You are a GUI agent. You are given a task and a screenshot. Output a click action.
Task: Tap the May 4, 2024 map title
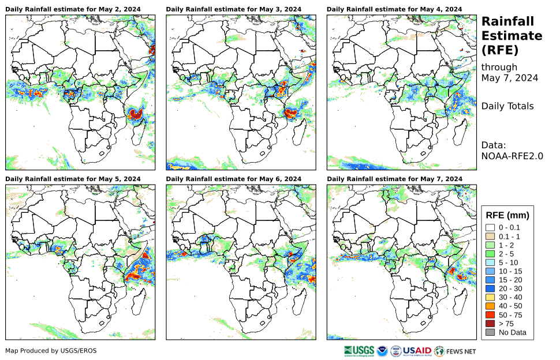394,9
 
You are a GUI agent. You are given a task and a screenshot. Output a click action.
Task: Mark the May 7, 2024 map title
394,179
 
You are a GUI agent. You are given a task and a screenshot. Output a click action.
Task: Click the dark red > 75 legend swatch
490,324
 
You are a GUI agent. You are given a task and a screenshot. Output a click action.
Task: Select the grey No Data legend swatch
490,332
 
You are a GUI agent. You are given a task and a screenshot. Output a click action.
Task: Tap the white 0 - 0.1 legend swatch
490,228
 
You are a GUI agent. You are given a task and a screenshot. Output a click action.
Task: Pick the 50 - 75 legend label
510,315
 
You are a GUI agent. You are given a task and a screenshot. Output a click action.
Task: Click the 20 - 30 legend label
510,288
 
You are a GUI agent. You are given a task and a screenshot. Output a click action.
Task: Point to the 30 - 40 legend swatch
490,297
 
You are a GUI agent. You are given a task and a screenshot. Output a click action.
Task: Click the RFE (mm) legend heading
507,215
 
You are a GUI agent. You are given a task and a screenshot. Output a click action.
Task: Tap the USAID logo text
417,350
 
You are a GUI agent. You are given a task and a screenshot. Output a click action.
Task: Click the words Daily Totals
507,106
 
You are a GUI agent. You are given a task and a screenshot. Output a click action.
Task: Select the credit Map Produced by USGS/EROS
51,351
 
